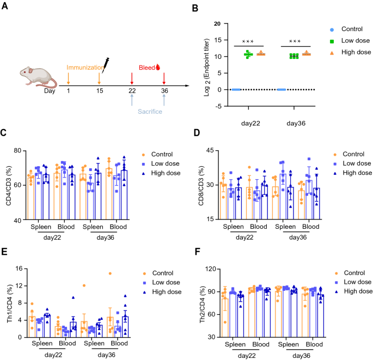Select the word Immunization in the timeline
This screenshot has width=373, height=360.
pyautogui.click(x=84, y=68)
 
